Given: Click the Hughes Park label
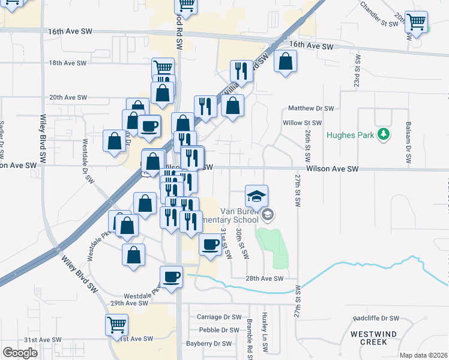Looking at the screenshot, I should (351, 134).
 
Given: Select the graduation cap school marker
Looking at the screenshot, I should (256, 196).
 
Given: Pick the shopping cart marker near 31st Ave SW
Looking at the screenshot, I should (116, 326).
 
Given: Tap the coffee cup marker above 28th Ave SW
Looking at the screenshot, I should (171, 277).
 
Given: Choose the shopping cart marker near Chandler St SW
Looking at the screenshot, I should (415, 22).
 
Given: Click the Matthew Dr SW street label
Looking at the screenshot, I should (310, 109).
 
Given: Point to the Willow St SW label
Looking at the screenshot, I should (303, 122).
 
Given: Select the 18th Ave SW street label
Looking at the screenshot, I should (68, 63).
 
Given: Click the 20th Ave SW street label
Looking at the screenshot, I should (68, 97).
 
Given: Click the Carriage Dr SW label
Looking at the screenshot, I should (219, 317).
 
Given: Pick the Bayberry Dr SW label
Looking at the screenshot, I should (209, 344).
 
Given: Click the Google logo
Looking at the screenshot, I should (20, 353).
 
